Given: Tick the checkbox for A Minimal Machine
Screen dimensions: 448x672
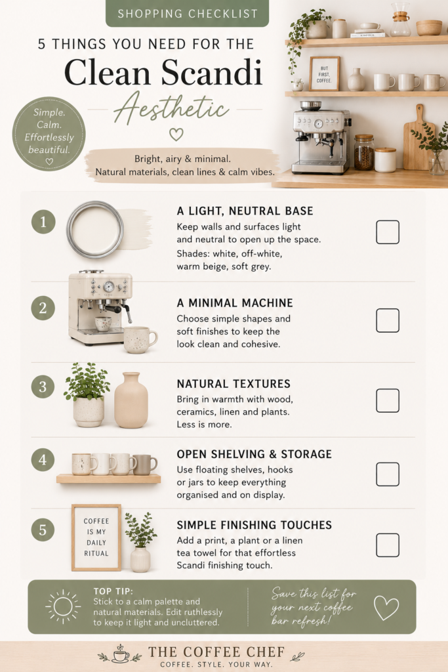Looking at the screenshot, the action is point(388,320).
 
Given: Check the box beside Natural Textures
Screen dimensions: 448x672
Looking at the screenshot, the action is point(388,400).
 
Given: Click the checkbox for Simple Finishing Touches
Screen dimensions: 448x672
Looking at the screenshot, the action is point(388,545).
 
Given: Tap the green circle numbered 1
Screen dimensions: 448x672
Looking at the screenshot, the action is point(43,222).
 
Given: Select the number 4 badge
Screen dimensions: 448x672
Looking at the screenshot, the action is point(43,460).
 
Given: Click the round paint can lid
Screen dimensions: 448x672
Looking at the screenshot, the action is point(95,229).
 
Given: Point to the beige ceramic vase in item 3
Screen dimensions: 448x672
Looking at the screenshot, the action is point(131,400).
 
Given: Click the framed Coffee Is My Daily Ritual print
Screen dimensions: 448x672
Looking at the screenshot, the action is point(96,537).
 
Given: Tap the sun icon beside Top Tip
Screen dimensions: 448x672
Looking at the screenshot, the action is point(63,607).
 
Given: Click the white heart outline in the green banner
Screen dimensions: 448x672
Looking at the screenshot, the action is point(386,608).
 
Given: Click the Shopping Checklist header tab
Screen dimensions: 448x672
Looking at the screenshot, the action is point(187,13).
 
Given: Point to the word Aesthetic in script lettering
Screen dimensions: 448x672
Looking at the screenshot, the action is point(171,107).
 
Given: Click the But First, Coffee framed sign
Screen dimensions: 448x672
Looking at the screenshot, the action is point(325,73).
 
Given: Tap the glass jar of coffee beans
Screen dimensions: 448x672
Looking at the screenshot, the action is point(364,152).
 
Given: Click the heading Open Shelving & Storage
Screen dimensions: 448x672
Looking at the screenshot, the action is point(255,454).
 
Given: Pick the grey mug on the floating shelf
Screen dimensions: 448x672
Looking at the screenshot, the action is point(144,465).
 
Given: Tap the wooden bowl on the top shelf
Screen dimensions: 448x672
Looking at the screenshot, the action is point(429,28).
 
